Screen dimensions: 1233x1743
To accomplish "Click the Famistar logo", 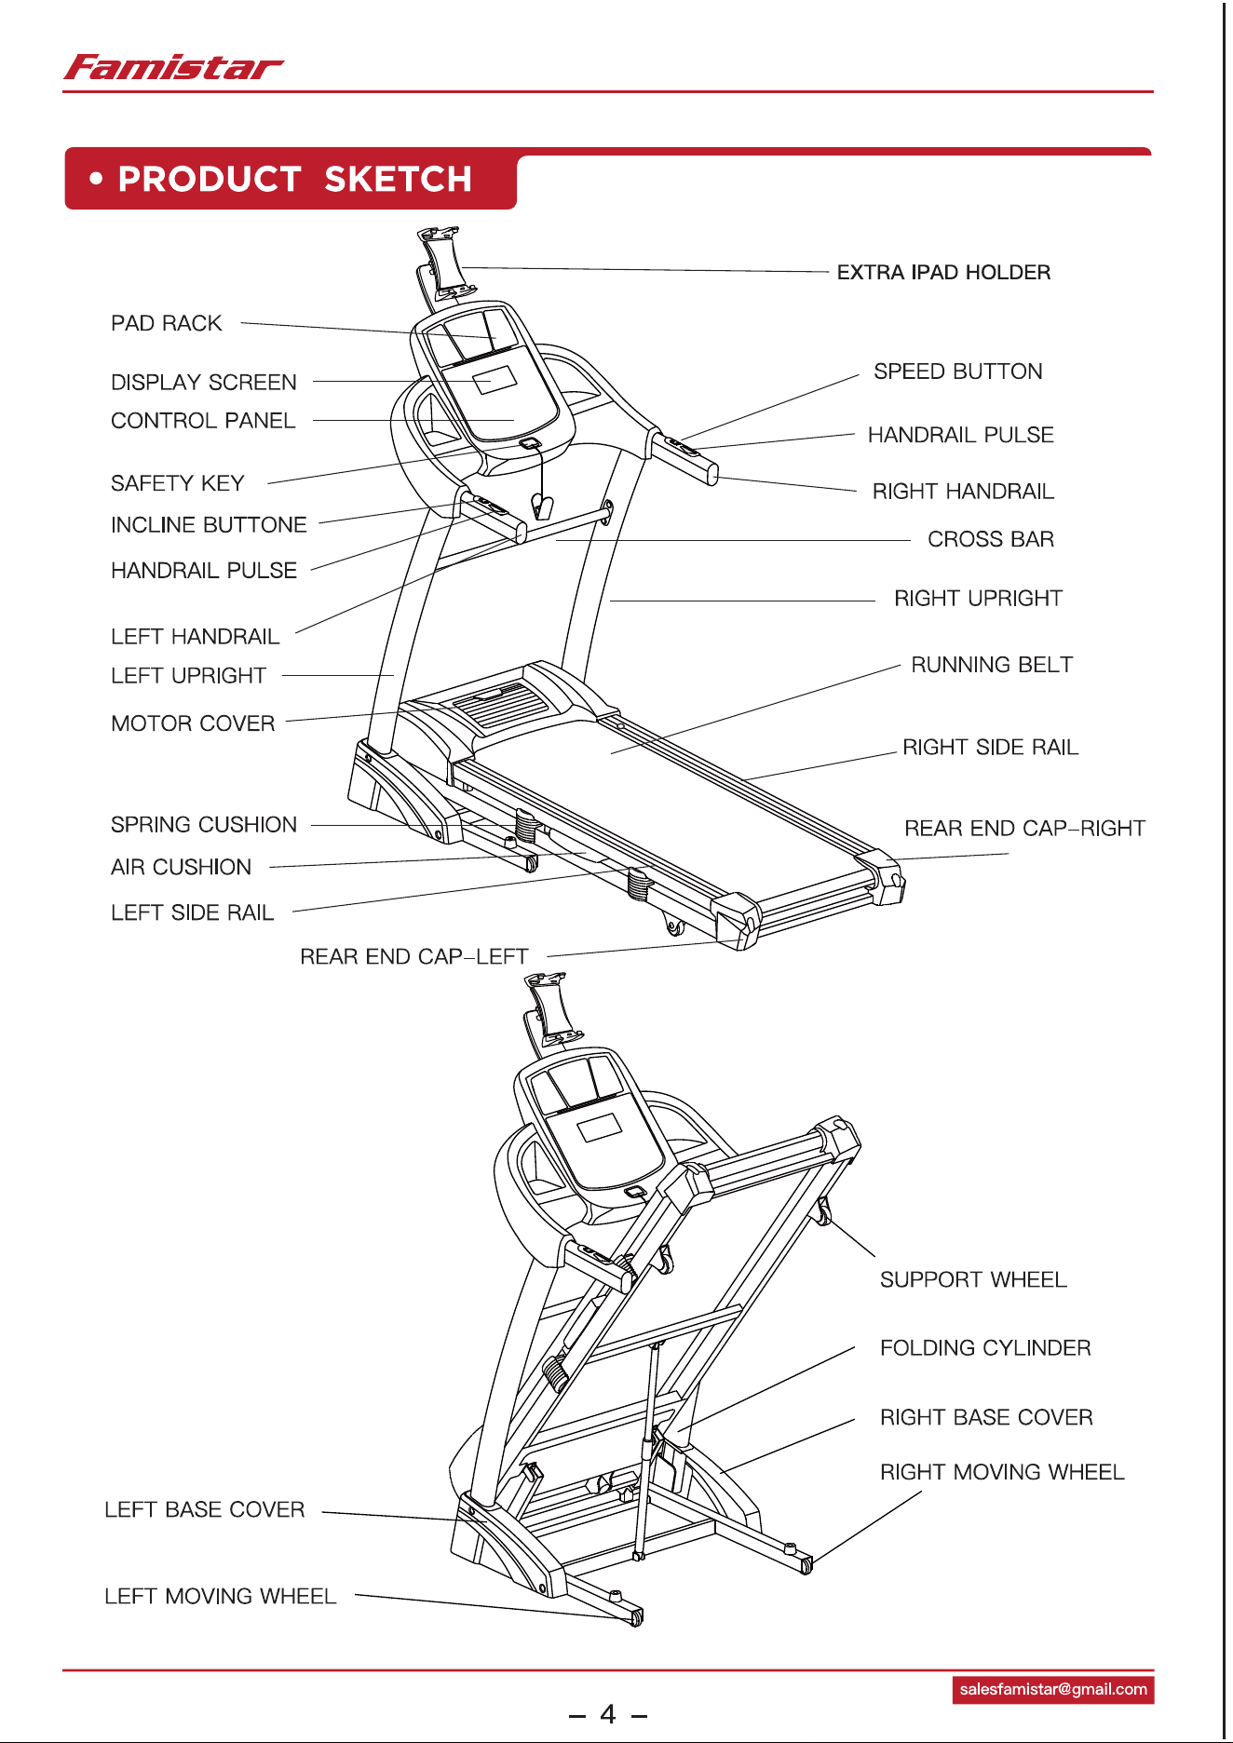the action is pos(173,68).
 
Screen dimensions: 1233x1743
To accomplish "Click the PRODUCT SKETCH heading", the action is pos(294,179).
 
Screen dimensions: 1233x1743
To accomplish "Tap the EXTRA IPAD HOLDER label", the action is pos(943,272).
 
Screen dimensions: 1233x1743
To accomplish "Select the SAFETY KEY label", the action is pos(177,483).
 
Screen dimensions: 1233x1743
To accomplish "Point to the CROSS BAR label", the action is pos(991,539).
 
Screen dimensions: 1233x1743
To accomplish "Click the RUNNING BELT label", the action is pos(992,665).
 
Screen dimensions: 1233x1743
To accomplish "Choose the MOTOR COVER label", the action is pos(193,723).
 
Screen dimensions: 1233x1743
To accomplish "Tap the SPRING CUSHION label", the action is pos(204,825).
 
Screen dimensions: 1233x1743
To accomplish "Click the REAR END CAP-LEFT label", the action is pos(413,956).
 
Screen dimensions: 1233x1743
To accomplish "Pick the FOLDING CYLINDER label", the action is pos(985,1347).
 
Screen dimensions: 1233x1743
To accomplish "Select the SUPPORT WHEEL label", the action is pos(973,1279).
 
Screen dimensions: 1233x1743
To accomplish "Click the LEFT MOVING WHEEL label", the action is pos(220,1596).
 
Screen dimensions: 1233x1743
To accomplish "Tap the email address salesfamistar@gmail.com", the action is pos(1053,1689).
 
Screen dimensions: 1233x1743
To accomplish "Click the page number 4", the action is pos(608,1714).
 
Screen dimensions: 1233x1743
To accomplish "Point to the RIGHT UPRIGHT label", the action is pos(978,598).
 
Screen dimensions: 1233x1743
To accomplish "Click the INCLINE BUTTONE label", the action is pos(209,525).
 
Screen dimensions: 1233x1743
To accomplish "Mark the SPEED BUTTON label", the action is pos(957,372).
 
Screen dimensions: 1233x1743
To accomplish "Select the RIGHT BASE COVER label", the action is pos(986,1417).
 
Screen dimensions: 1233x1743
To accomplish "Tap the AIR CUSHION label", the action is pos(181,867).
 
